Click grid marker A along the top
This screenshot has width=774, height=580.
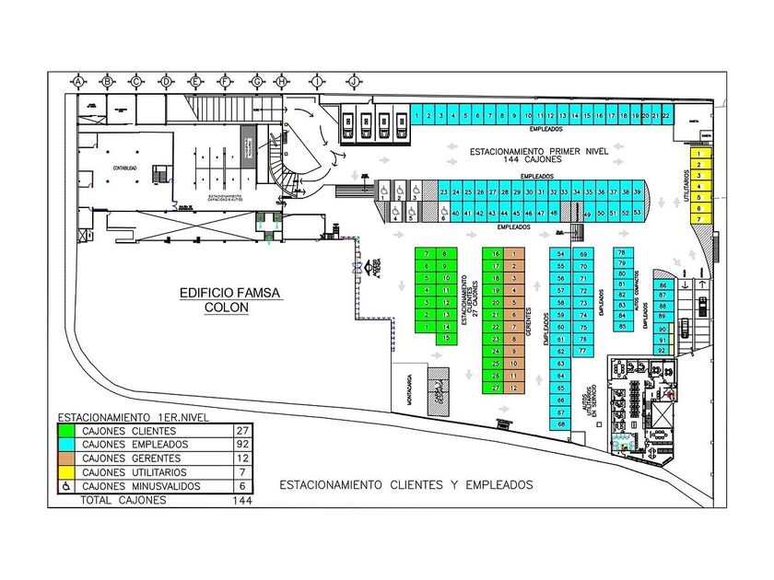click(78, 82)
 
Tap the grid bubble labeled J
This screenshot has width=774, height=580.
click(352, 82)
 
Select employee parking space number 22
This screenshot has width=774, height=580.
click(665, 116)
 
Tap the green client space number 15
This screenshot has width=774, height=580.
click(446, 338)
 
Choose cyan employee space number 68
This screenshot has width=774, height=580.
click(561, 423)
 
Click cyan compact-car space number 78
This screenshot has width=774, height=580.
click(622, 252)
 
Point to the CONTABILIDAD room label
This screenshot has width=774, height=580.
click(124, 168)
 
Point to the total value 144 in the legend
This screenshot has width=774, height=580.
click(242, 500)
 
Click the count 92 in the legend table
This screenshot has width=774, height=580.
click(240, 444)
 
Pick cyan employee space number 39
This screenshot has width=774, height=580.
click(637, 191)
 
